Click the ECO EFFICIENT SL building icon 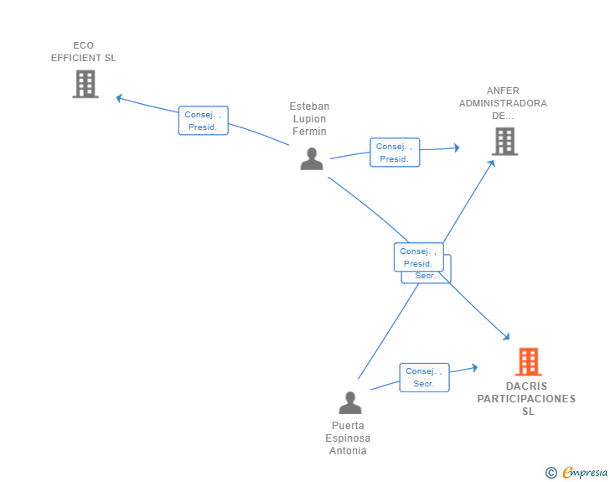(85, 84)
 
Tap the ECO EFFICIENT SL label (84, 52)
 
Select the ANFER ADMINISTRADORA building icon (504, 142)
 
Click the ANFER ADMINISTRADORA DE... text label (503, 104)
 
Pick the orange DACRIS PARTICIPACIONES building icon (528, 362)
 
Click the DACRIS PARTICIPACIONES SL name (527, 399)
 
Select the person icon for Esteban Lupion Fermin (312, 158)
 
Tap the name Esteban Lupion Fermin (309, 119)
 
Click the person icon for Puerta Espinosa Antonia (350, 402)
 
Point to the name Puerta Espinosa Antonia (348, 438)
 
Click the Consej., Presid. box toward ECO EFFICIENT (203, 121)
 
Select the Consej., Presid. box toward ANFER (394, 153)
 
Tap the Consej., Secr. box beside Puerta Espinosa (424, 377)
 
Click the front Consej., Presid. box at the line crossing (418, 257)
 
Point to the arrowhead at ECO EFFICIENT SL (119, 98)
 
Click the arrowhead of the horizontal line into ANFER (457, 148)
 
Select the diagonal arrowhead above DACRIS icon (507, 337)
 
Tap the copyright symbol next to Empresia (551, 473)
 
